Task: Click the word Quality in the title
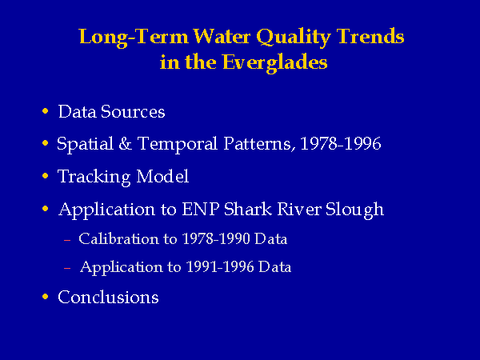point(294,38)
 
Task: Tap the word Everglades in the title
point(275,63)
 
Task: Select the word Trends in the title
point(370,36)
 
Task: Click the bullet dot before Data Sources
point(46,110)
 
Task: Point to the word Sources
point(133,111)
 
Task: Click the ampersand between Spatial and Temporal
point(126,143)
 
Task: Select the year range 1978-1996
point(341,143)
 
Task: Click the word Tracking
point(94,177)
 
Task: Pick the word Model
point(162,176)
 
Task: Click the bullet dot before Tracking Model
point(46,176)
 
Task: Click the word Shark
point(248,210)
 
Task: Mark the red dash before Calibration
point(67,240)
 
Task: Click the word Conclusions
point(108,298)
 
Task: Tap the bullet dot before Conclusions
point(46,296)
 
